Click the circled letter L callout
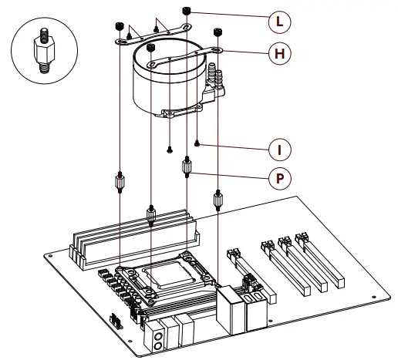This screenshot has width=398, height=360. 278,22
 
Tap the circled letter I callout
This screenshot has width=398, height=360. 278,147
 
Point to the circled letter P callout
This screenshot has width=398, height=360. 278,178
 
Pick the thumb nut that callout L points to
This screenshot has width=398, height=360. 188,10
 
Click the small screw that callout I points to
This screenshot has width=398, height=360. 199,143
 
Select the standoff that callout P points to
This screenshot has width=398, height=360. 187,166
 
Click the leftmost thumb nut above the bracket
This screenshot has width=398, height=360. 120,27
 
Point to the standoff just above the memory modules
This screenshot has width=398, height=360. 151,214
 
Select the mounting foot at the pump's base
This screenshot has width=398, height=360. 170,116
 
